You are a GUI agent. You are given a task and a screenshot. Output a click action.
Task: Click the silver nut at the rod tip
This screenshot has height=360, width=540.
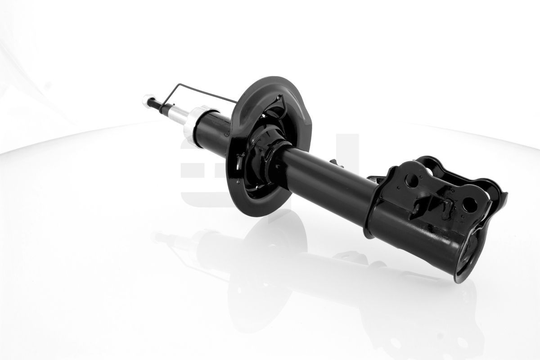pos(147,101)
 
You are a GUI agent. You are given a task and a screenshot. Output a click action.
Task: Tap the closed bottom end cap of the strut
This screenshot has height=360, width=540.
pos(468,261)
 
